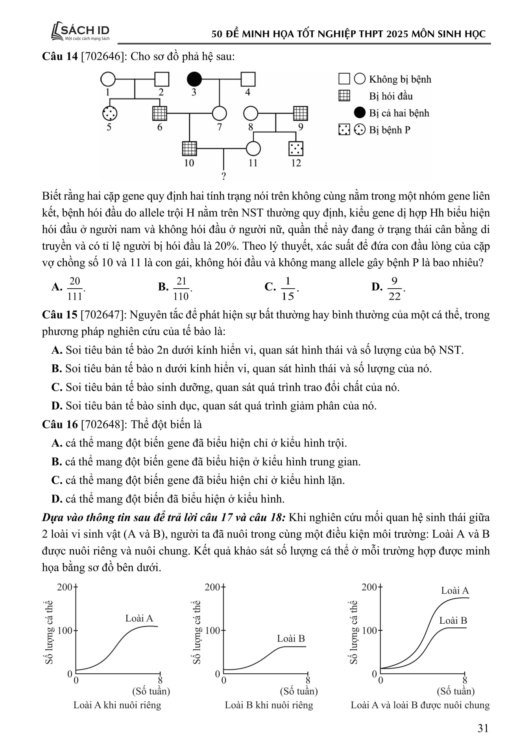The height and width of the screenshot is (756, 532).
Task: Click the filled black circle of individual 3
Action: pos(194,80)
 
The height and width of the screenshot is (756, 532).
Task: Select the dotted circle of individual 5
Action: pos(109,114)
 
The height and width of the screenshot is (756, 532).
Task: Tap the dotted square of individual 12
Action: pos(296,148)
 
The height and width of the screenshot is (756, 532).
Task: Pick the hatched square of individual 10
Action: pos(190,148)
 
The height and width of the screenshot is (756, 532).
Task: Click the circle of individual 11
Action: pos(253,148)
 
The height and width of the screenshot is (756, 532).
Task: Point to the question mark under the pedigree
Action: pos(224,176)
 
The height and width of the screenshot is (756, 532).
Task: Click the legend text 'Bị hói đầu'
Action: pos(391,96)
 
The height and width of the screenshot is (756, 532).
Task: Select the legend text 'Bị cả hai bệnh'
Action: pos(399,113)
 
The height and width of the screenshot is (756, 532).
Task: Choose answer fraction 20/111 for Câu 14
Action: pos(75,288)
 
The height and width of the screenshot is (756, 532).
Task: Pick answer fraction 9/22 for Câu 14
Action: pos(394,288)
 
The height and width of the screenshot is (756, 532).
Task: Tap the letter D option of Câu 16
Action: pos(57,499)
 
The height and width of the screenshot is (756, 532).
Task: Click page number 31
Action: pos(483,728)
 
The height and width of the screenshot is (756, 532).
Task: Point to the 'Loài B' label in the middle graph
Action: pos(291,639)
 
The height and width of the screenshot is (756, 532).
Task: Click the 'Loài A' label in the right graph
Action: pos(455,591)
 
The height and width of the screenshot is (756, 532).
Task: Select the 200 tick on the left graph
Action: pos(65,587)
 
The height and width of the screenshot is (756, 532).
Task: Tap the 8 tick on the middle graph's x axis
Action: pos(308,680)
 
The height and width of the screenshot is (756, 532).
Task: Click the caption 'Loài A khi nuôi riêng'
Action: pos(117,705)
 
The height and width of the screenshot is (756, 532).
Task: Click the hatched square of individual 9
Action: pos(301,114)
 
